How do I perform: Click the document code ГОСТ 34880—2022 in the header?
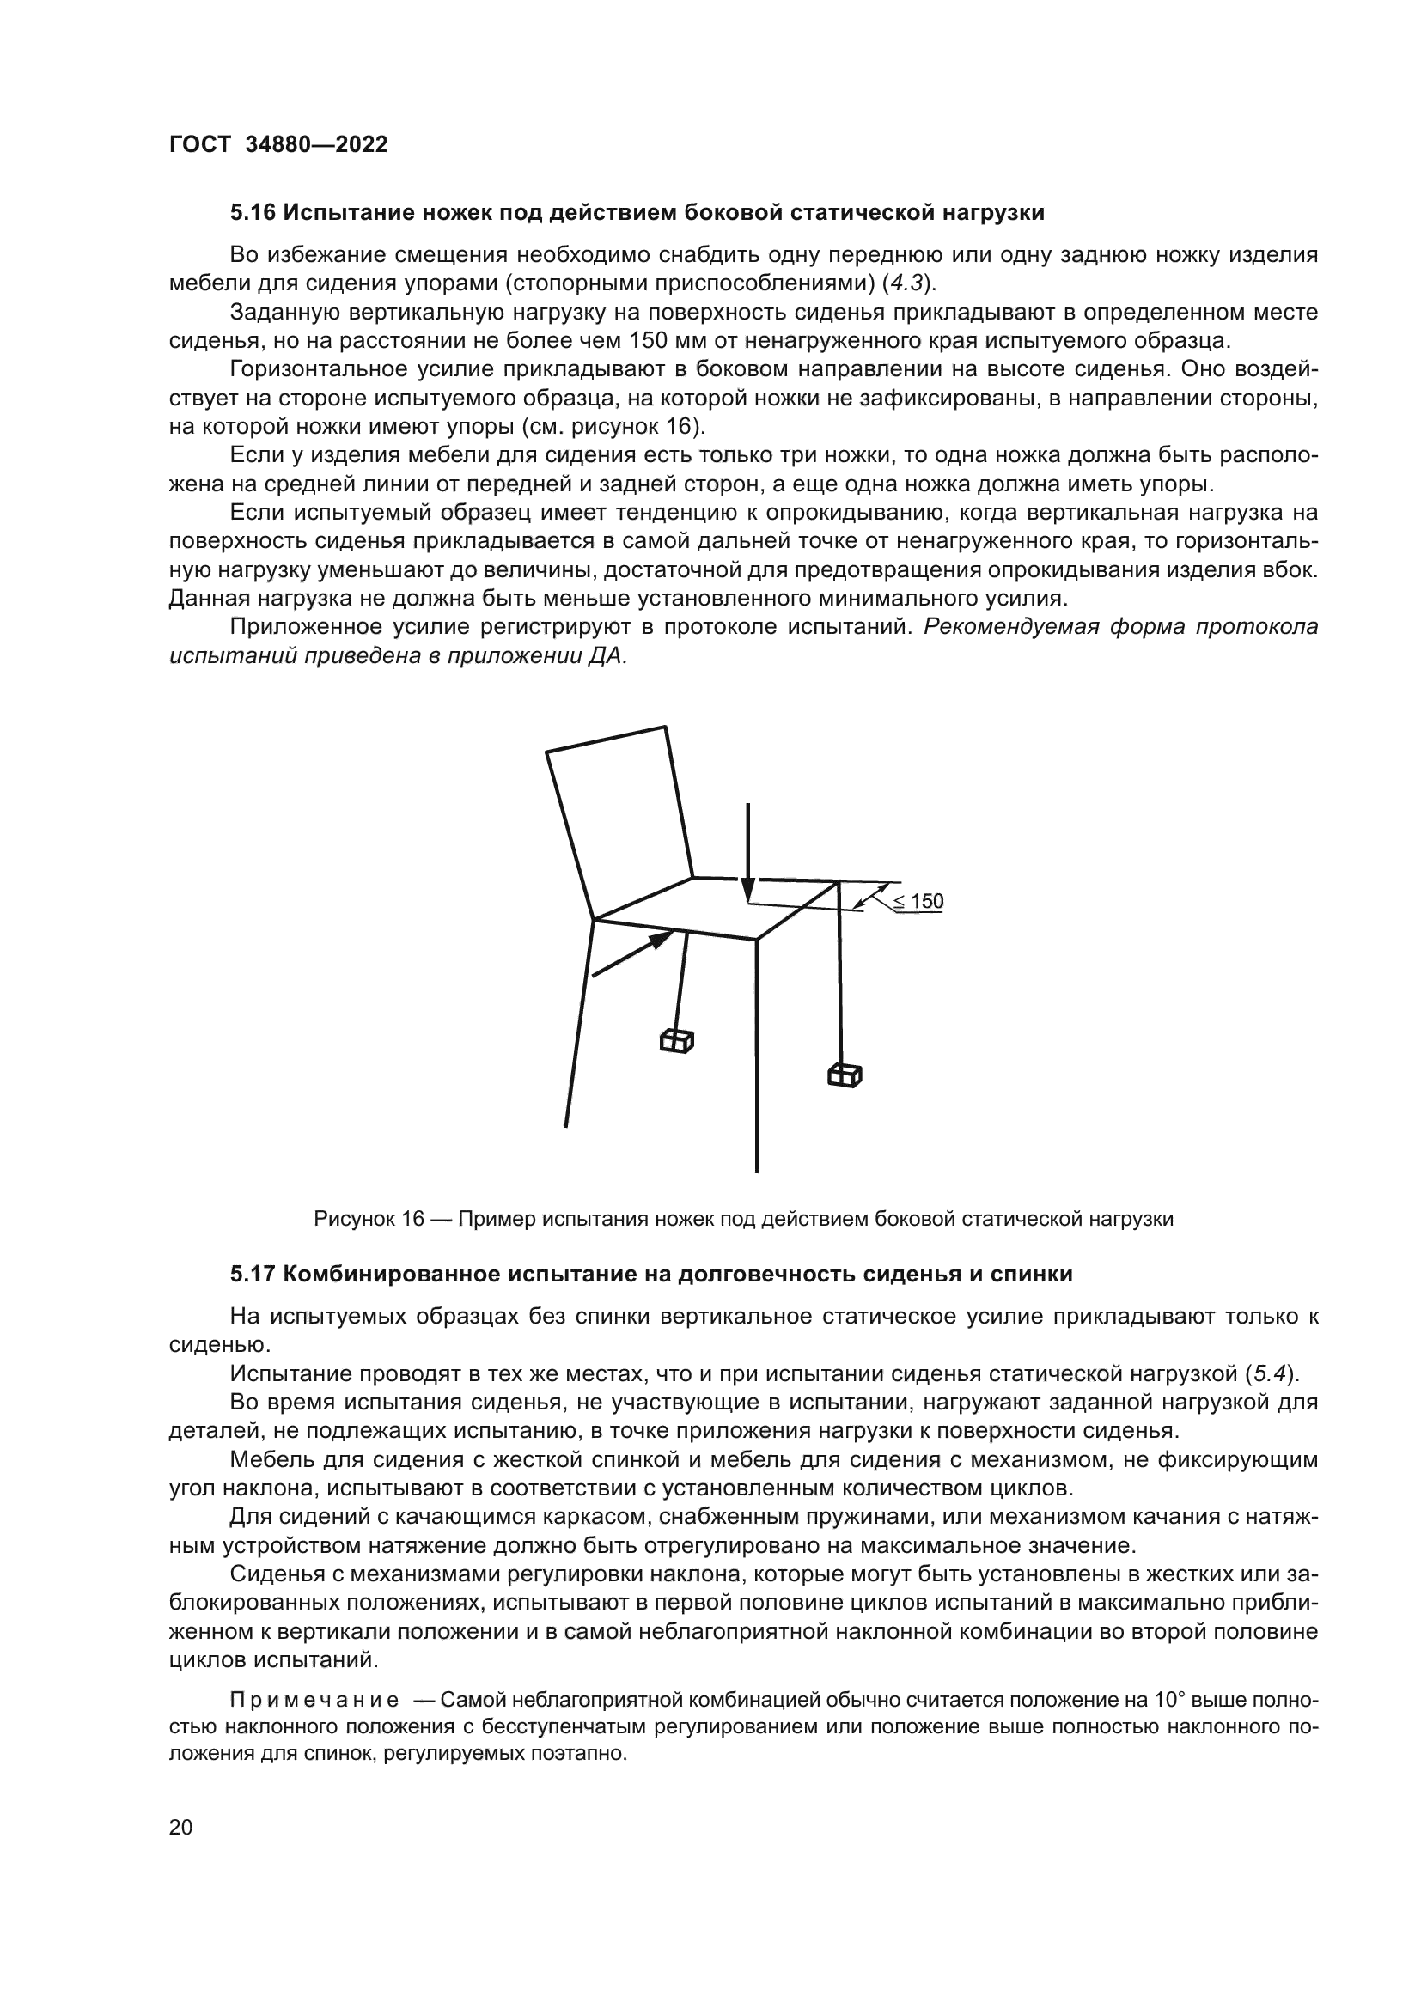[278, 145]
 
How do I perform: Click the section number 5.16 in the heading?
[253, 213]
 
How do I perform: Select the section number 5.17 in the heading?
[253, 1275]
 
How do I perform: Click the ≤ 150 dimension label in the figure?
[918, 901]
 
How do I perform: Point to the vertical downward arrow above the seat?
[747, 849]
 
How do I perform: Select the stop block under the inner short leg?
[676, 1041]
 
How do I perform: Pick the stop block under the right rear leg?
[845, 1075]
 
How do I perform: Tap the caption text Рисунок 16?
[369, 1219]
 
